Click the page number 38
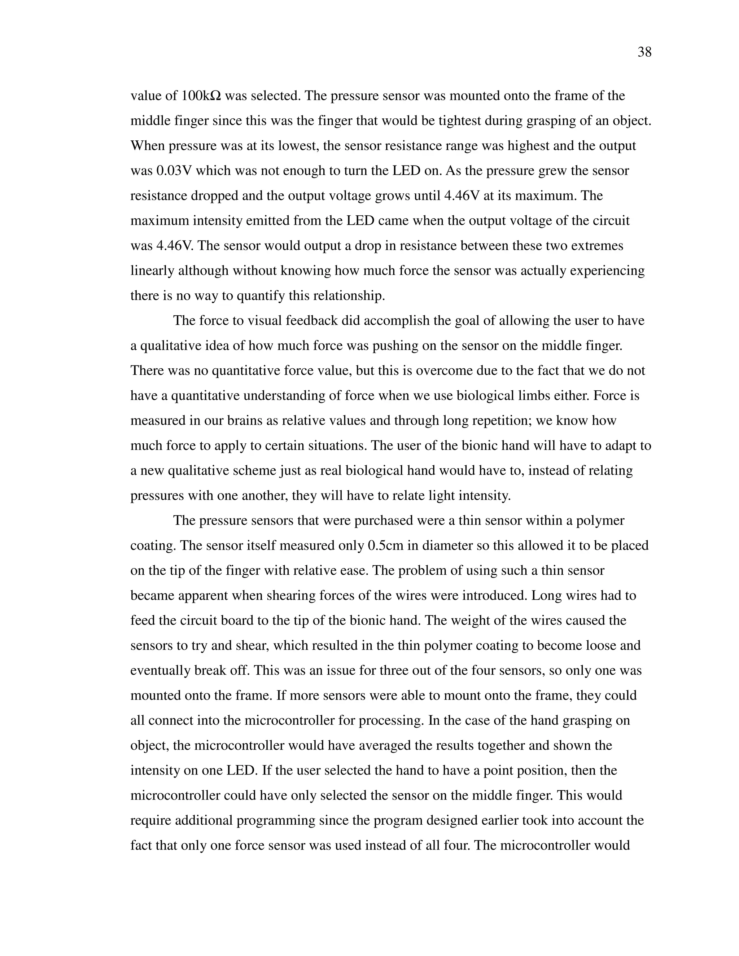[644, 53]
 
